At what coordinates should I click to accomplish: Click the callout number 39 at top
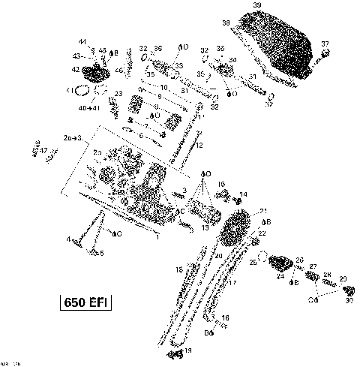point(257,6)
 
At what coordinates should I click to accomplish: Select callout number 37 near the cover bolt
point(325,43)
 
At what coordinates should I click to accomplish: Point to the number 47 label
point(43,151)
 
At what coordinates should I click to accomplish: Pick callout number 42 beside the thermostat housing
point(75,69)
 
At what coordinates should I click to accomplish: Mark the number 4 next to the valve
point(68,240)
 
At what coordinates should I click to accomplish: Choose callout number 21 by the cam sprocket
point(262,211)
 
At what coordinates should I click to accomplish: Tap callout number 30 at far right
point(348,301)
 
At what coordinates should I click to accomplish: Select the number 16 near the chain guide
point(225,318)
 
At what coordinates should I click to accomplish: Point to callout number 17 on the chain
point(232,283)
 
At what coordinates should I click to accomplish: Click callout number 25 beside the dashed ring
point(253,263)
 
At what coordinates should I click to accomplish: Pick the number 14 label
point(243,194)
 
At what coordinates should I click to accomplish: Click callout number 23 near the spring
point(118,94)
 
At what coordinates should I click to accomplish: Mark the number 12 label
point(199,145)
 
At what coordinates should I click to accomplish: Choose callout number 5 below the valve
point(101,254)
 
